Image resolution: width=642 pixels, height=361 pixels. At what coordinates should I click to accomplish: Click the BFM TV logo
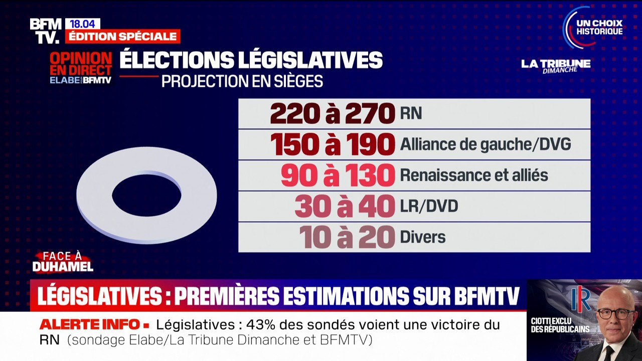(x=46, y=31)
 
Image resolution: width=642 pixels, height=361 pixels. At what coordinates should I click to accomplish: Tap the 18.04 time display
(x=83, y=24)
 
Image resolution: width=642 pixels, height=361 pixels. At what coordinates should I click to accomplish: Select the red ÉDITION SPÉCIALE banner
(x=123, y=37)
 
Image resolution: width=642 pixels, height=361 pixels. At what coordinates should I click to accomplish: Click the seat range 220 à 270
(x=333, y=114)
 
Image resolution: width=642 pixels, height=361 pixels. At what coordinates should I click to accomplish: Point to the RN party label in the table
(x=411, y=114)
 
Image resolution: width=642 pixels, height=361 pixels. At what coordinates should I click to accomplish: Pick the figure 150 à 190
(x=333, y=145)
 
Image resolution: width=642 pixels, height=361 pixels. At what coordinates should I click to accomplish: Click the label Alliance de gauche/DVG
(x=485, y=145)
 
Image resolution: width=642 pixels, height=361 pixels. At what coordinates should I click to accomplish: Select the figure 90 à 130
(x=338, y=175)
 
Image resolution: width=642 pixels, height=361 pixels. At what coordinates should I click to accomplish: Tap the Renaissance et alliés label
(x=473, y=175)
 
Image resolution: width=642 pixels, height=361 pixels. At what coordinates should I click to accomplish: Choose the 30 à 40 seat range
(x=345, y=207)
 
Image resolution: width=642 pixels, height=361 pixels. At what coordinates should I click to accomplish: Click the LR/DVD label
(x=429, y=207)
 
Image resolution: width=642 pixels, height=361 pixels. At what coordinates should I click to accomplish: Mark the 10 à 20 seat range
(x=347, y=237)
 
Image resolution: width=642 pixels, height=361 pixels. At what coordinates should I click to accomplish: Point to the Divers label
(x=422, y=237)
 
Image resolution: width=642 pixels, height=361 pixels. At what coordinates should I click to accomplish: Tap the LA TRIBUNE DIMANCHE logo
(x=556, y=66)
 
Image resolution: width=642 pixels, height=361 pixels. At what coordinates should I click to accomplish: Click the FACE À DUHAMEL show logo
(x=63, y=262)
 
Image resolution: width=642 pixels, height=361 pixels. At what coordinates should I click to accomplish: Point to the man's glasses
(x=615, y=313)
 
